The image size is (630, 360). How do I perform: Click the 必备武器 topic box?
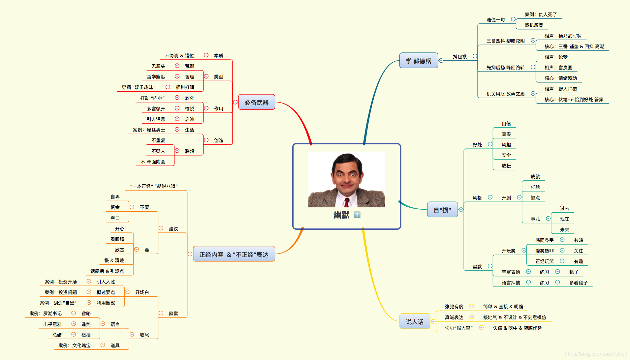click(x=256, y=103)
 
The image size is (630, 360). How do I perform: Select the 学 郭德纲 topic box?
click(x=418, y=61)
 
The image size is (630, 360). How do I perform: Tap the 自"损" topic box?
click(x=442, y=210)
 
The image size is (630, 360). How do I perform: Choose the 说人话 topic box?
click(x=415, y=322)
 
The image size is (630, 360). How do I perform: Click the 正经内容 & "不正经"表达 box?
click(x=234, y=255)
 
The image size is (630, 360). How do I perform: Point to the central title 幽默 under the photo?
click(x=341, y=215)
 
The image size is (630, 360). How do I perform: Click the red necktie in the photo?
click(x=347, y=202)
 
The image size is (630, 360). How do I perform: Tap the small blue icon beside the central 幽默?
click(x=357, y=215)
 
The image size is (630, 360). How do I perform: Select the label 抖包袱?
click(x=459, y=57)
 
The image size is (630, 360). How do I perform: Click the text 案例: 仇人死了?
click(x=541, y=15)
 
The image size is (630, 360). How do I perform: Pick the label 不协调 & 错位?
click(x=179, y=56)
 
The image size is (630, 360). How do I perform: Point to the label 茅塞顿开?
click(x=156, y=109)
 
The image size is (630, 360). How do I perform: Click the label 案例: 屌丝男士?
click(x=149, y=130)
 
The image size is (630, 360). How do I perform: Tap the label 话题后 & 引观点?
click(x=107, y=271)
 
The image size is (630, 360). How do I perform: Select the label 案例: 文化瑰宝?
click(x=74, y=345)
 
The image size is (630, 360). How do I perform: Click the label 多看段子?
click(x=578, y=283)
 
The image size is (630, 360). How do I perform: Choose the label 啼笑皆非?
click(x=544, y=251)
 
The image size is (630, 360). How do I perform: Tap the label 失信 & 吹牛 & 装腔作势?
click(x=517, y=328)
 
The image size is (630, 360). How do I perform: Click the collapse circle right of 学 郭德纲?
click(x=441, y=61)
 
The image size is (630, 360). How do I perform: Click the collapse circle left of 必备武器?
click(x=235, y=102)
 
